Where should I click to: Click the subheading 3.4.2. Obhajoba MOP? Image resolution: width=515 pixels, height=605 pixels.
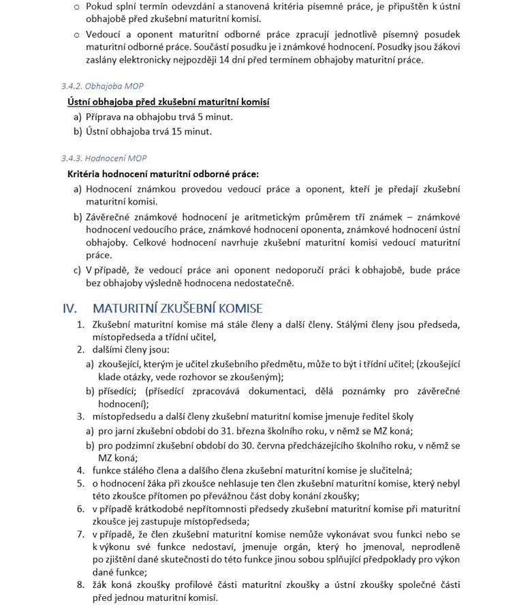tap(102, 87)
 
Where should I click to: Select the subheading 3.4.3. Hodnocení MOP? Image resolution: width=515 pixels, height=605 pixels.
tap(104, 159)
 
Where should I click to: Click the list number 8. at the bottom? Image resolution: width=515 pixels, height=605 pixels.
tap(80, 584)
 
